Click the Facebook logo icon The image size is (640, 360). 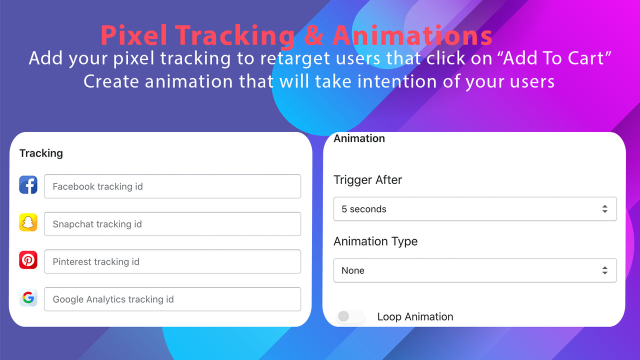click(28, 185)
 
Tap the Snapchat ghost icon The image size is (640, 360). click(28, 222)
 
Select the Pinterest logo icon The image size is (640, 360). click(28, 260)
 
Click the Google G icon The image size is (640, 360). click(28, 298)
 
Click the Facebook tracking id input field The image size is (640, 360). click(172, 186)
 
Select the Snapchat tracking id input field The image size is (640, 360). click(172, 224)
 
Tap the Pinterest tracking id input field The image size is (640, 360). click(172, 261)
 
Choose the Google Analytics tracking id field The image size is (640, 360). click(172, 299)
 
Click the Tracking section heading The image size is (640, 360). click(41, 153)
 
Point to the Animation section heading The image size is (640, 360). click(359, 138)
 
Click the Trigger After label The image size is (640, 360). click(367, 180)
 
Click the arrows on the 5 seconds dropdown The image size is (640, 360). click(604, 209)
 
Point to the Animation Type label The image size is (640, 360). click(375, 241)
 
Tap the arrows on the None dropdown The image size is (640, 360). click(604, 270)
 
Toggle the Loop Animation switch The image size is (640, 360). click(349, 316)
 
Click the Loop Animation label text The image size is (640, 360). click(415, 317)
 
